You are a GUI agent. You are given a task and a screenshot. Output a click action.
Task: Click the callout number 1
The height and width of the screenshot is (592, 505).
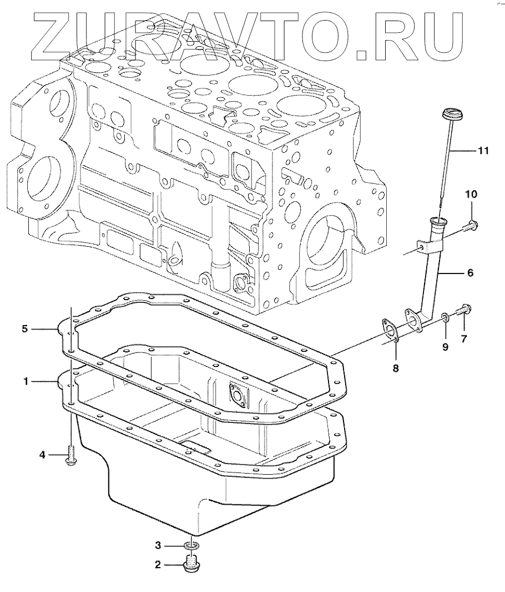(x=25, y=381)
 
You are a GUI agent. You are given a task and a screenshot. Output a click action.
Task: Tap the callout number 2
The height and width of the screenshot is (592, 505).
(x=158, y=565)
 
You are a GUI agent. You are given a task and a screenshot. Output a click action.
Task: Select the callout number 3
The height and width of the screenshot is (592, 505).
(x=158, y=544)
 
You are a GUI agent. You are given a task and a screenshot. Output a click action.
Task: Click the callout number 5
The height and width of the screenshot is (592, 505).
(x=25, y=329)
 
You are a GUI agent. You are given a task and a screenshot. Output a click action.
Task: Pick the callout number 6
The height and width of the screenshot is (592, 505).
(x=469, y=273)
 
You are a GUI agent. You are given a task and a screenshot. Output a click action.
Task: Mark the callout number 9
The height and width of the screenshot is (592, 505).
(x=445, y=347)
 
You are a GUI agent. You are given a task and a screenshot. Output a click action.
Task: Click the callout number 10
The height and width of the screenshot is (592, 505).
(x=471, y=194)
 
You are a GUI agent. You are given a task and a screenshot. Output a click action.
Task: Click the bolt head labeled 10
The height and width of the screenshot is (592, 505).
(x=472, y=225)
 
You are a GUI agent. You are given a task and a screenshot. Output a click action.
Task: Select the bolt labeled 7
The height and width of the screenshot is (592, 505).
(x=464, y=310)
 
